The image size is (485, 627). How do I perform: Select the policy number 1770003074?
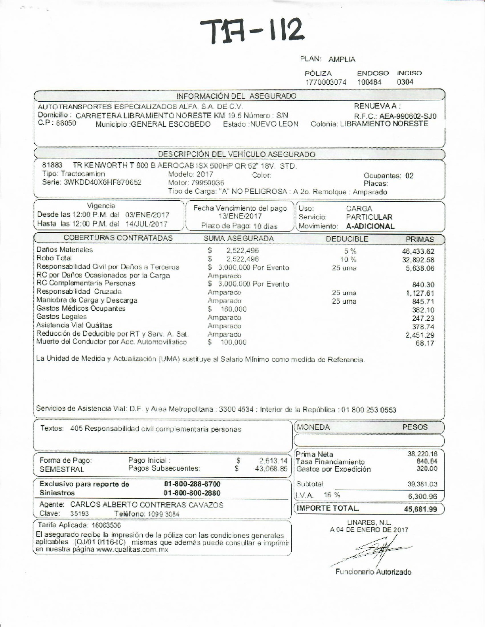click(x=326, y=82)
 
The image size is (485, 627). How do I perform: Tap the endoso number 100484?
click(x=369, y=82)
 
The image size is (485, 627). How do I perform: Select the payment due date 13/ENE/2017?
click(x=240, y=216)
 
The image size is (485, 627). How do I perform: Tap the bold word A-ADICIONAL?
click(x=370, y=226)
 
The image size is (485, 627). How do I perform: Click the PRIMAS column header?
click(x=420, y=239)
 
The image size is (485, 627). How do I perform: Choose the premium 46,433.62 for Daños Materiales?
click(x=418, y=251)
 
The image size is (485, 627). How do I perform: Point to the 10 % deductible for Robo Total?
click(x=349, y=260)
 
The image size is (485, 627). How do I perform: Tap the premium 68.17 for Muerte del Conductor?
click(x=425, y=343)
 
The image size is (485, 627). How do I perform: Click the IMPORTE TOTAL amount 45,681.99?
click(x=420, y=509)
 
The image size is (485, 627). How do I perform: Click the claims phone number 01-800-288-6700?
click(x=192, y=484)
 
